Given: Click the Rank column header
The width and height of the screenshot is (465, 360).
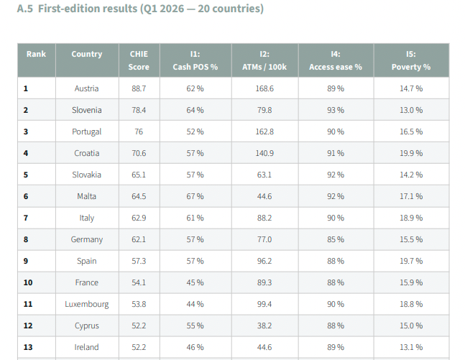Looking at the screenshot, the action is tap(36, 54).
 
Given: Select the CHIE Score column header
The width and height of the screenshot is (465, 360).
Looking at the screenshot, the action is tap(139, 60).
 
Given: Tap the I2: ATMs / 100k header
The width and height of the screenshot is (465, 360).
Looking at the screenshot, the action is tap(264, 60).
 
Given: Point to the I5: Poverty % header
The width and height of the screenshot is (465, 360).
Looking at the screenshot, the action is tap(411, 60).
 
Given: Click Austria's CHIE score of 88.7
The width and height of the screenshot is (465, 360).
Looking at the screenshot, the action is tap(139, 88).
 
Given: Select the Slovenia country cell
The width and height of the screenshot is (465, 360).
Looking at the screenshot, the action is tap(86, 110).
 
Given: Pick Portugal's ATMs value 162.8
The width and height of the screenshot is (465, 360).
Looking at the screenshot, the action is tap(264, 131).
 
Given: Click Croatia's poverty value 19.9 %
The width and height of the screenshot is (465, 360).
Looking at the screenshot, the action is tap(411, 153).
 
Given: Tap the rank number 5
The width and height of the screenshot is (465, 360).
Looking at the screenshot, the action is tap(26, 175).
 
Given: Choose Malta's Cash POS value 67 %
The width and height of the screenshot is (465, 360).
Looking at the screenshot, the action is tap(195, 196).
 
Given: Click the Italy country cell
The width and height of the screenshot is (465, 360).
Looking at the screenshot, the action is tap(86, 218).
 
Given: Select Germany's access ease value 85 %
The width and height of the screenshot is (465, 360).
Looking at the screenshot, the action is tap(336, 239).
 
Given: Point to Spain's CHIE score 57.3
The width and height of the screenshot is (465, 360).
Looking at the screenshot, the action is tap(139, 261).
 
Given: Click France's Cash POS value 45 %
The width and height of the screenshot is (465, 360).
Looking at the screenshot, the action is tap(195, 282).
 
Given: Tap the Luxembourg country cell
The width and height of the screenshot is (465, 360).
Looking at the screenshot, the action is tap(86, 304).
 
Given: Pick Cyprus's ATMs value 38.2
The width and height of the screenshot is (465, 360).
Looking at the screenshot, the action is tap(264, 326).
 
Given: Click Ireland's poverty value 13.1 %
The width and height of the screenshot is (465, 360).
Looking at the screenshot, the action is tap(411, 347).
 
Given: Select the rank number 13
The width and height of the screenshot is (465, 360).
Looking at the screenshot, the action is tap(28, 347).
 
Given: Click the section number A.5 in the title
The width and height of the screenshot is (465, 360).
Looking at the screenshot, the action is tap(25, 9).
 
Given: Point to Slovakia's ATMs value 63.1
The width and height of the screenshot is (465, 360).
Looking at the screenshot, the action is tap(264, 175).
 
